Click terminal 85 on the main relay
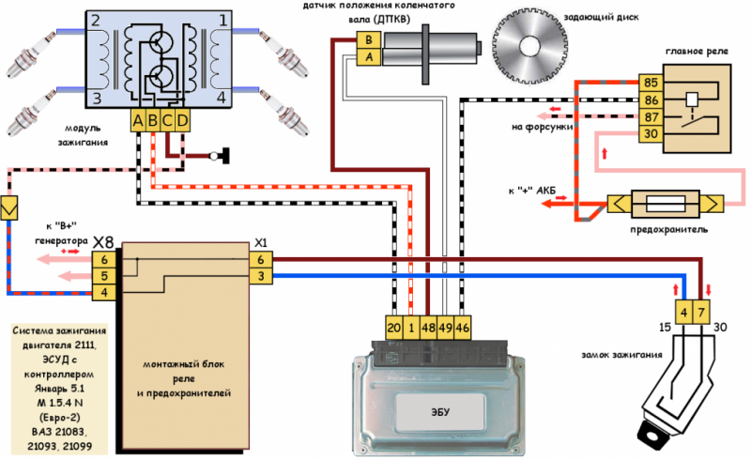pyautogui.click(x=651, y=83)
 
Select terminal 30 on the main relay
pyautogui.click(x=651, y=133)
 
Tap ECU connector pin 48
pyautogui.click(x=428, y=328)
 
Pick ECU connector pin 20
pyautogui.click(x=393, y=328)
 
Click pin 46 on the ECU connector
pyautogui.click(x=462, y=328)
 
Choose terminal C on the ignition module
pyautogui.click(x=167, y=121)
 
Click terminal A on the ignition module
pyautogui.click(x=138, y=121)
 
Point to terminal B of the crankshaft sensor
pyautogui.click(x=369, y=39)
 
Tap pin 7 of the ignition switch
pyautogui.click(x=701, y=313)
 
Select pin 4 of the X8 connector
pyautogui.click(x=104, y=292)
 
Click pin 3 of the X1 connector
pyautogui.click(x=261, y=276)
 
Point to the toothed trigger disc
pyautogui.click(x=529, y=47)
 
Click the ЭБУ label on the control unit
pyautogui.click(x=440, y=411)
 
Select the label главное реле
pyautogui.click(x=697, y=52)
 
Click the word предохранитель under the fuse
pyautogui.click(x=668, y=229)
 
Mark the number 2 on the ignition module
pyautogui.click(x=96, y=21)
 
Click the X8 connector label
pyautogui.click(x=103, y=242)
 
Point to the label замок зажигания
pyautogui.click(x=621, y=355)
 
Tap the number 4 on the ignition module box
pyautogui.click(x=221, y=98)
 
